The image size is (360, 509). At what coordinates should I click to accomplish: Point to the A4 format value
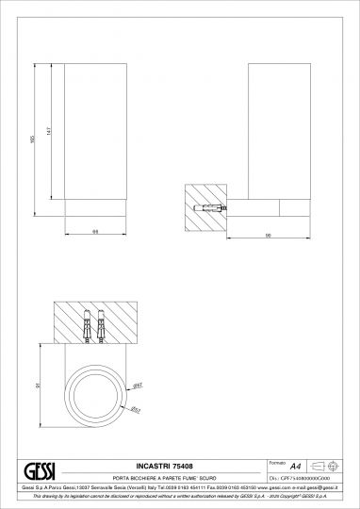click(295, 467)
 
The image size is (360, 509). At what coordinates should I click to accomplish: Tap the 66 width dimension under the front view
click(96, 230)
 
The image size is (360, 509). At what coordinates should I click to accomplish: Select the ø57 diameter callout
click(135, 409)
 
